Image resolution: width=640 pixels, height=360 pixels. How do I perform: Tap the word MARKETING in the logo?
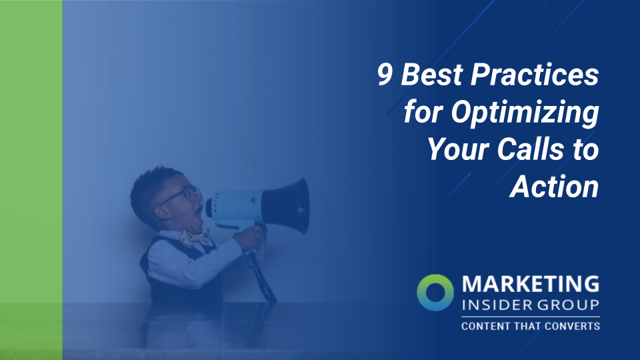pyautogui.click(x=531, y=285)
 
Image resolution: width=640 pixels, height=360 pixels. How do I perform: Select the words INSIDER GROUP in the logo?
pyautogui.click(x=530, y=305)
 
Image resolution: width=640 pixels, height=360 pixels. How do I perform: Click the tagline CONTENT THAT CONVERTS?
pyautogui.click(x=530, y=326)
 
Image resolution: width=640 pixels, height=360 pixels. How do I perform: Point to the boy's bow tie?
pyautogui.click(x=195, y=238)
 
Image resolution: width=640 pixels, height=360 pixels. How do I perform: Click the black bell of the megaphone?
pyautogui.click(x=293, y=205)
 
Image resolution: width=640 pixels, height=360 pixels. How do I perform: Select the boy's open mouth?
pyautogui.click(x=198, y=215)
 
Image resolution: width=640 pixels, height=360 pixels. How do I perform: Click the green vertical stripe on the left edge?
pyautogui.click(x=31, y=180)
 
